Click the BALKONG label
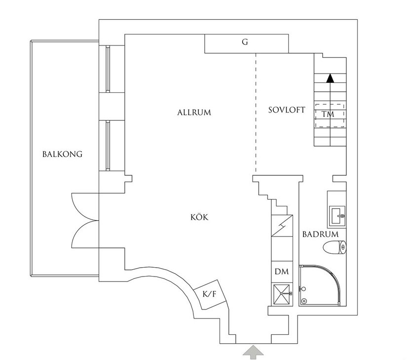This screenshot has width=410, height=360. tap(62, 154)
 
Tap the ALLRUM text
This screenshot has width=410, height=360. tap(194, 113)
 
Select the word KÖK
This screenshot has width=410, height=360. tap(199, 217)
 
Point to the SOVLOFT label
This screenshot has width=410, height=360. tap(287, 110)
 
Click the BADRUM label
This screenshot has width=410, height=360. tap(320, 234)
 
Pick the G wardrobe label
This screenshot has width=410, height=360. tap(245, 42)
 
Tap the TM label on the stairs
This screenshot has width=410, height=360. tap(328, 115)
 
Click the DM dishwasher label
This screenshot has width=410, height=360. tap(282, 272)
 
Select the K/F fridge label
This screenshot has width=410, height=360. tap(210, 294)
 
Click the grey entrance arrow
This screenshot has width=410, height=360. tap(253, 353)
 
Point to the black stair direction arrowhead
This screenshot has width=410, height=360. tap(331, 78)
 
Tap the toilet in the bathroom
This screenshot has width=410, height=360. tap(335, 247)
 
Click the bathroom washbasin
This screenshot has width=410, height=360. tap(337, 216)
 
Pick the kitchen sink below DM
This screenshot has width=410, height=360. tap(282, 294)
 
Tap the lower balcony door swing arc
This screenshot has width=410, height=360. tap(85, 234)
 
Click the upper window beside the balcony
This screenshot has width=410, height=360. tap(108, 69)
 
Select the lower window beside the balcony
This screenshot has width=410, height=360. tap(108, 146)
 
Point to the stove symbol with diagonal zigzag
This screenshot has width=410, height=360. tap(282, 226)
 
